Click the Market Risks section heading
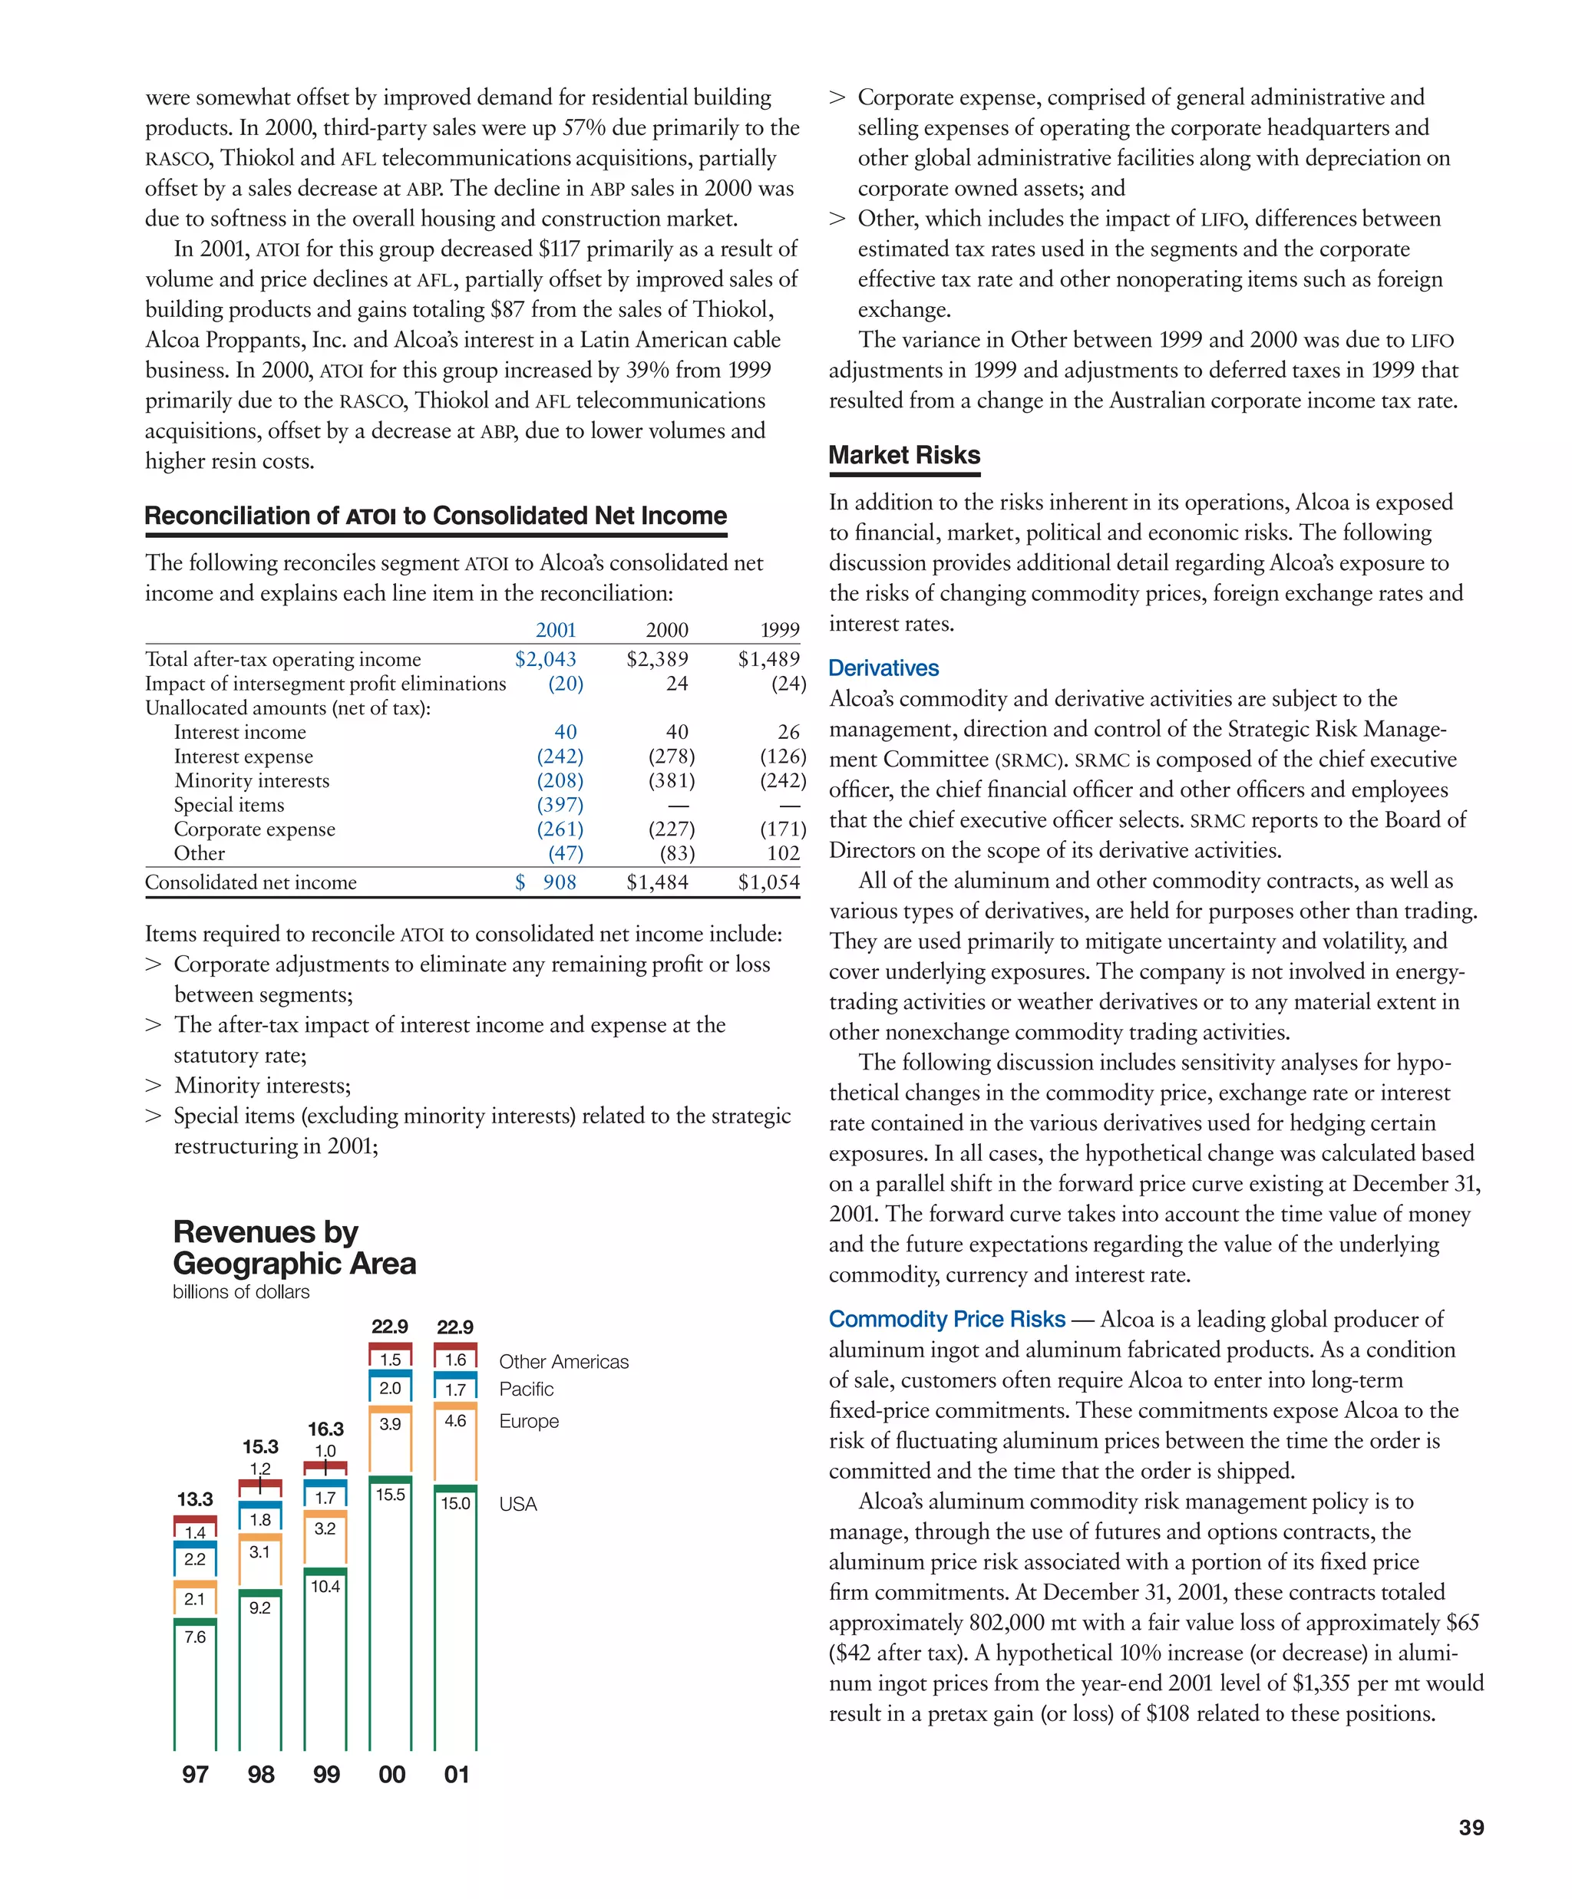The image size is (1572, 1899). (x=903, y=455)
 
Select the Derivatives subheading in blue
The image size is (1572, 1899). (x=883, y=668)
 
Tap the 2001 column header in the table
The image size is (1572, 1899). (x=556, y=630)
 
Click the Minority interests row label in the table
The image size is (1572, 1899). (x=252, y=780)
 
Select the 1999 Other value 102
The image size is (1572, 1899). (x=782, y=854)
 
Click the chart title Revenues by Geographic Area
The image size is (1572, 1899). (x=294, y=1247)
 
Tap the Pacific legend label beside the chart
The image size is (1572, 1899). (x=527, y=1389)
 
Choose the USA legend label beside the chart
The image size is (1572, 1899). (x=517, y=1504)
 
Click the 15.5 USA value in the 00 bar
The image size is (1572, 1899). (x=390, y=1495)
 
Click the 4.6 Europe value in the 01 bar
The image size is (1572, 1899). (x=455, y=1421)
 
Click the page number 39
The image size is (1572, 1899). (x=1471, y=1828)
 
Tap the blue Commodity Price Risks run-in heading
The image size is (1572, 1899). (x=946, y=1320)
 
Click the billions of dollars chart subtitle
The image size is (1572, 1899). (x=240, y=1292)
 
